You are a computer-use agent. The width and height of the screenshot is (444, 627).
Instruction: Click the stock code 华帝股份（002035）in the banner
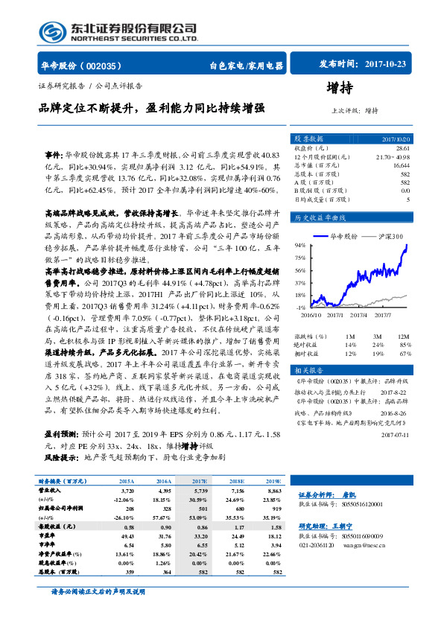click(x=81, y=66)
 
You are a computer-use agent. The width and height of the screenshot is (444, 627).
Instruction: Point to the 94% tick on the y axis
click(x=300, y=244)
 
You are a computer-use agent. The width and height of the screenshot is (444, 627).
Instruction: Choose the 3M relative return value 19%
click(x=378, y=353)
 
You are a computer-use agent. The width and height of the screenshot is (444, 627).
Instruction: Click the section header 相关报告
click(x=307, y=370)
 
